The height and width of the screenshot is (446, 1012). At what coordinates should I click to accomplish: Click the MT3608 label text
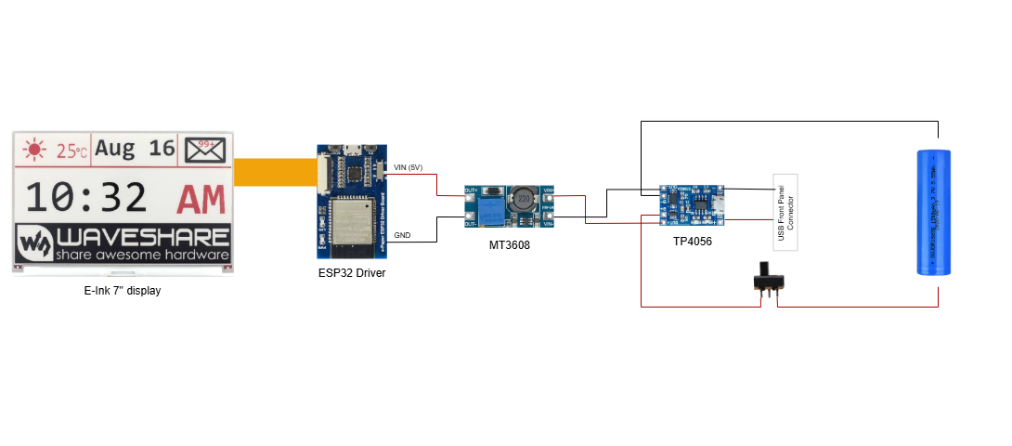[x=510, y=245]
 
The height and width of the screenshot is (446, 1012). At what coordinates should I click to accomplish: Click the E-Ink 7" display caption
[x=123, y=291]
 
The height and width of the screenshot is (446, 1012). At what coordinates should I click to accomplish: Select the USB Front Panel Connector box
[x=785, y=211]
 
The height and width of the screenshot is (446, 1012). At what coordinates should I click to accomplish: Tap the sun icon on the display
[x=36, y=150]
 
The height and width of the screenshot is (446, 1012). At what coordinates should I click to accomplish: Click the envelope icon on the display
[x=204, y=149]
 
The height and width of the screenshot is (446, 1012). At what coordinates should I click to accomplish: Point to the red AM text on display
[x=201, y=199]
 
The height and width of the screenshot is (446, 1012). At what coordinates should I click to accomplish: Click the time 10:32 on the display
[x=85, y=199]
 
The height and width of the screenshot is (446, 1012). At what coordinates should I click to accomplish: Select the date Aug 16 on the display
[x=136, y=149]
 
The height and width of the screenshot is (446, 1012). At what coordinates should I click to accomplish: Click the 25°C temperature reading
[x=71, y=151]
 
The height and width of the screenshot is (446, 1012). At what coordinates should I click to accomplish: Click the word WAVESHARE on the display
[x=141, y=236]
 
